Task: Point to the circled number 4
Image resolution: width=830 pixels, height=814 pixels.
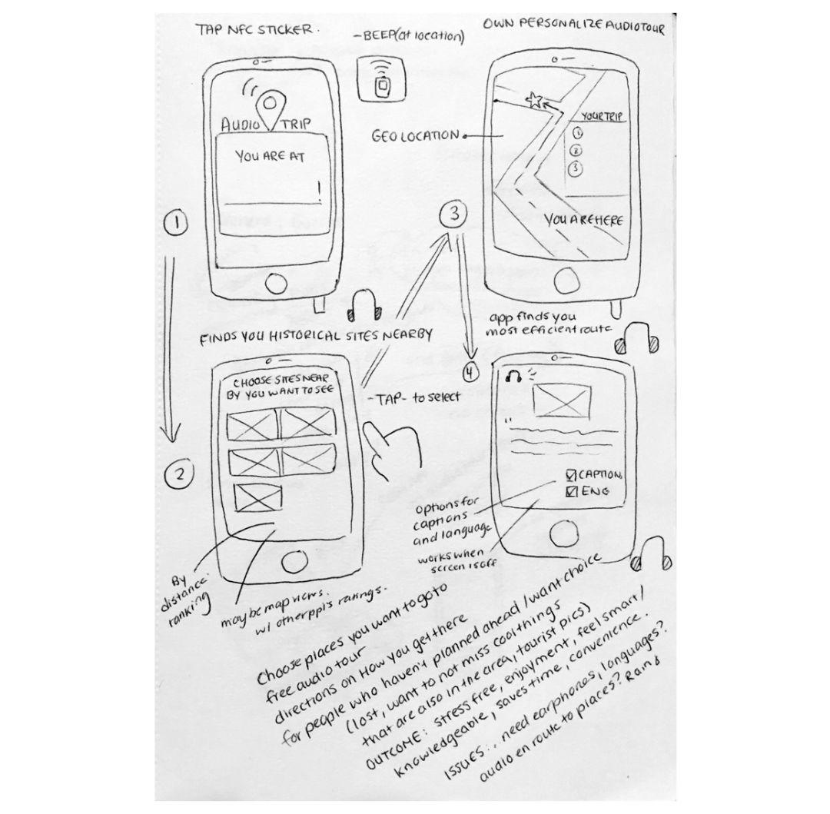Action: [471, 374]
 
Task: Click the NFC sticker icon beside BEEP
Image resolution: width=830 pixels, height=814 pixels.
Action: [379, 78]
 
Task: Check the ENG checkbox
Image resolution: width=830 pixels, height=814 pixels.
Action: [571, 490]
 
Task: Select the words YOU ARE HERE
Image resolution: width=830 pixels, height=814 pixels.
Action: [583, 221]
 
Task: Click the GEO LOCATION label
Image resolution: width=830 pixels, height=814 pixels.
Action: [415, 136]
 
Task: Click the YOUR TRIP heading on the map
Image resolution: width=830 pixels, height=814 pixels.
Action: [600, 117]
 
